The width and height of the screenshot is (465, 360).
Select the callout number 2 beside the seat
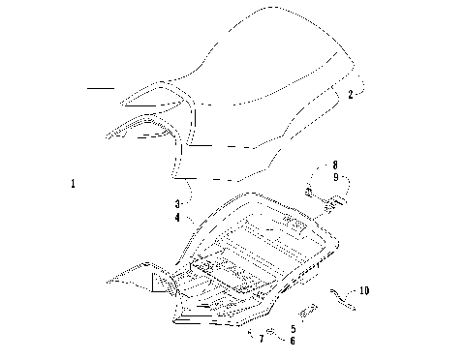click(337, 95)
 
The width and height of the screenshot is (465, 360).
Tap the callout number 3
click(177, 204)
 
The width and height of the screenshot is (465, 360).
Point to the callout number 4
click(177, 218)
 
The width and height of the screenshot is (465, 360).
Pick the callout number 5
click(293, 327)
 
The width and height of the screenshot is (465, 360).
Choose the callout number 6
click(293, 340)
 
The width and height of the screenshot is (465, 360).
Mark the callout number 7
click(261, 340)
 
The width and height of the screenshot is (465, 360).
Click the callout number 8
click(334, 165)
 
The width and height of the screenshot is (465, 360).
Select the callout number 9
click(334, 177)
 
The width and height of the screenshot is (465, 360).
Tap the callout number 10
click(363, 289)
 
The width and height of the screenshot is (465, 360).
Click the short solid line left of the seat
click(100, 88)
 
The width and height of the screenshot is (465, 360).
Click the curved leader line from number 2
click(355, 89)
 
